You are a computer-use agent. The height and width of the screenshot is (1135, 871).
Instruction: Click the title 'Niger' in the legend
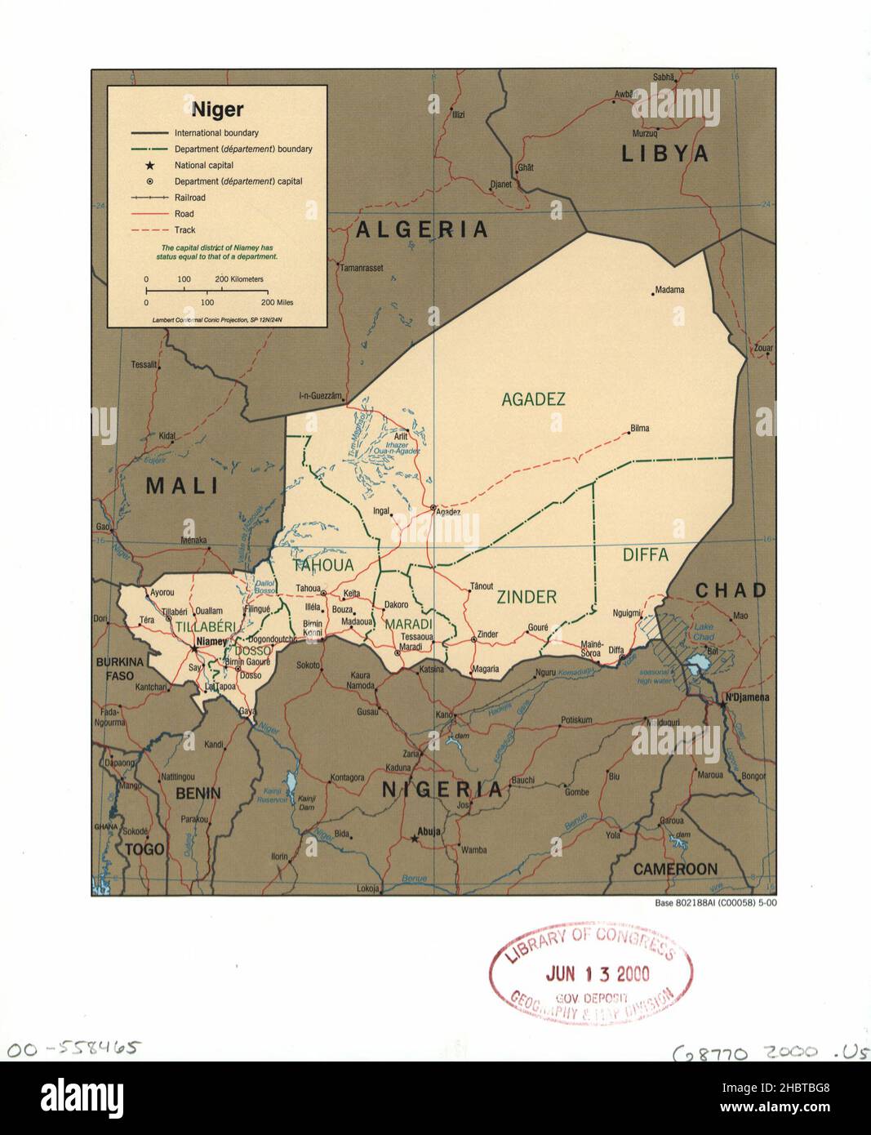217,109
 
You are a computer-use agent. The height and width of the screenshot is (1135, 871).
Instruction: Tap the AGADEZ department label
533,399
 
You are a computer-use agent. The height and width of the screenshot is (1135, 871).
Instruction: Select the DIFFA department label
645,555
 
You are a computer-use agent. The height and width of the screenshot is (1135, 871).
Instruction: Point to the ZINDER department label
527,597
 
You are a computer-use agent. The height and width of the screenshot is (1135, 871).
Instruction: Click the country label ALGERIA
422,230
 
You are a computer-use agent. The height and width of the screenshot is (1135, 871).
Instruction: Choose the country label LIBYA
665,154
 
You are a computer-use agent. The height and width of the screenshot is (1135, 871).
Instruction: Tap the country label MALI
183,486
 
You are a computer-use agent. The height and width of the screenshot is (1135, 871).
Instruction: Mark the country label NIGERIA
443,790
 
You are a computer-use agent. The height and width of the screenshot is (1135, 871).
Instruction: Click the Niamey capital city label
211,642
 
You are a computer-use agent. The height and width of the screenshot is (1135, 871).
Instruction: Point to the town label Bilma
640,429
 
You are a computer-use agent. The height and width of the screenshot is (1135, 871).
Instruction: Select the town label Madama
669,290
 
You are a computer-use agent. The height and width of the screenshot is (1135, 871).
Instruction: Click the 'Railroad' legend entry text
189,198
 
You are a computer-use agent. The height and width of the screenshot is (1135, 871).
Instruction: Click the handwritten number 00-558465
73,1048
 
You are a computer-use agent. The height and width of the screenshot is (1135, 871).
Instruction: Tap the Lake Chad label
703,631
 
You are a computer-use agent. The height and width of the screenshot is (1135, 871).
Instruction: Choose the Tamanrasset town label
361,268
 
